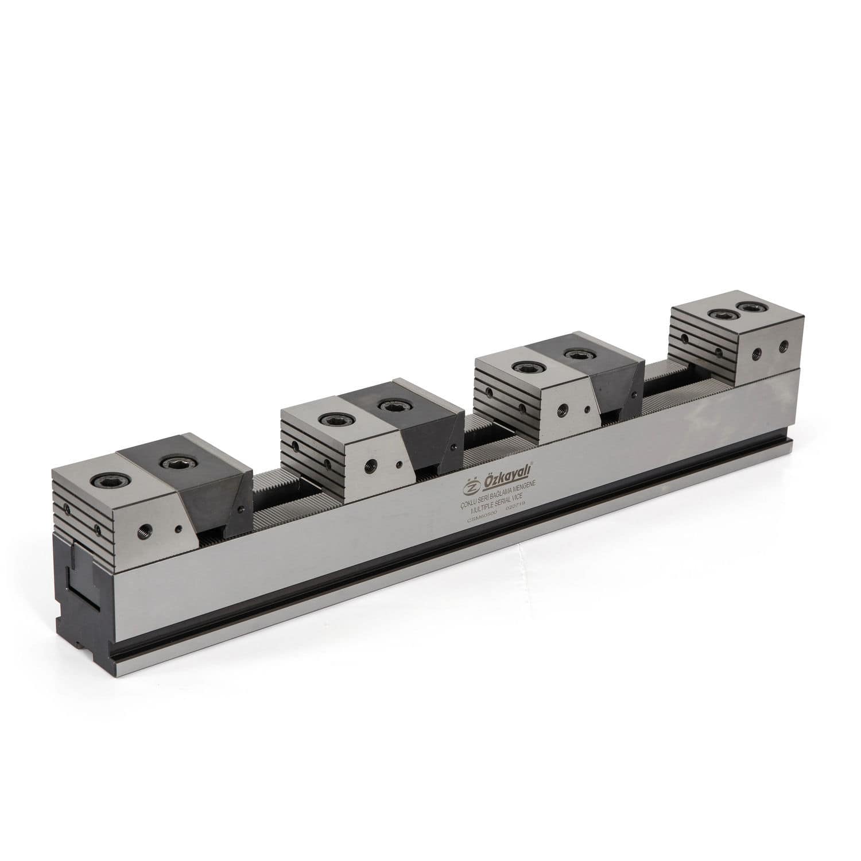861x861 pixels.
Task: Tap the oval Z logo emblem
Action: point(471,487)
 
